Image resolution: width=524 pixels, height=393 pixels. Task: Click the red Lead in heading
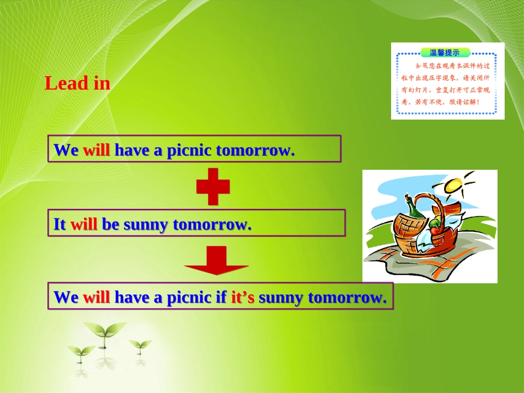77,84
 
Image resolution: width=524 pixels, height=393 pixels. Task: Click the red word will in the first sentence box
97,150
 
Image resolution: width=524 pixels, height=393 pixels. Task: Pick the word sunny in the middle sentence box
146,224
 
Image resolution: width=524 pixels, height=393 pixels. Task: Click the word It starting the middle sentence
60,224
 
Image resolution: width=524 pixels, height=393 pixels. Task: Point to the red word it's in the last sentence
242,298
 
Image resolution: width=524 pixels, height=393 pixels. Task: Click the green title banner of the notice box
445,53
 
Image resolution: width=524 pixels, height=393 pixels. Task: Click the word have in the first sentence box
132,150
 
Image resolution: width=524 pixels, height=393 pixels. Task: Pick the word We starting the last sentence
66,298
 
